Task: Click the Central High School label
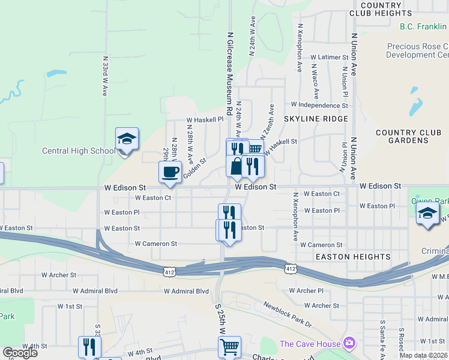78,151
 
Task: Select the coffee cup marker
170,172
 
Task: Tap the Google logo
20,353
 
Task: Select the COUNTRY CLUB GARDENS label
402,137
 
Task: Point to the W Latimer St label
329,57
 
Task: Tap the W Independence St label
319,104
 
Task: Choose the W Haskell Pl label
205,119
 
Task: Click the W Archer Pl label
306,290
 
